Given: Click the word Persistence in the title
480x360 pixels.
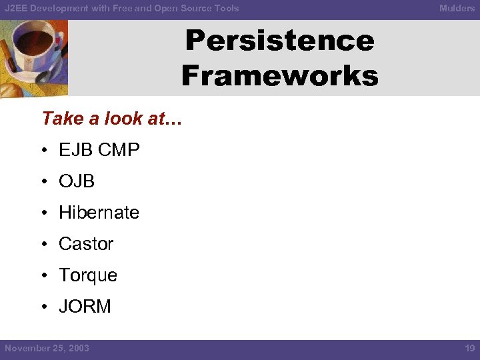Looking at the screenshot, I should click(x=279, y=41).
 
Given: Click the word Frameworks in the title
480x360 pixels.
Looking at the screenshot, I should click(x=279, y=75).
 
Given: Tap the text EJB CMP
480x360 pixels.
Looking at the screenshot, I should click(x=99, y=150).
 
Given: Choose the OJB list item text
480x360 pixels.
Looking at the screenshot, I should click(x=77, y=181).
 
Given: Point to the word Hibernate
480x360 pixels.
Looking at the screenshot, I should click(x=99, y=213).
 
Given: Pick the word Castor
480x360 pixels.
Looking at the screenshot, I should click(x=86, y=244).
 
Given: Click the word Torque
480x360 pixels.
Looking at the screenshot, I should click(x=88, y=275).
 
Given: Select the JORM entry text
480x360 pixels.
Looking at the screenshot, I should click(x=85, y=307).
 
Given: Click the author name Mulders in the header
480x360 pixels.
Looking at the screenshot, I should click(x=457, y=9).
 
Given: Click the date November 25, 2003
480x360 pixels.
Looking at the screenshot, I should click(x=47, y=349).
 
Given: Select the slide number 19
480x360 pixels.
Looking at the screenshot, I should click(x=469, y=349).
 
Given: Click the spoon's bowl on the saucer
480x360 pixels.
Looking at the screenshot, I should click(x=44, y=76).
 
